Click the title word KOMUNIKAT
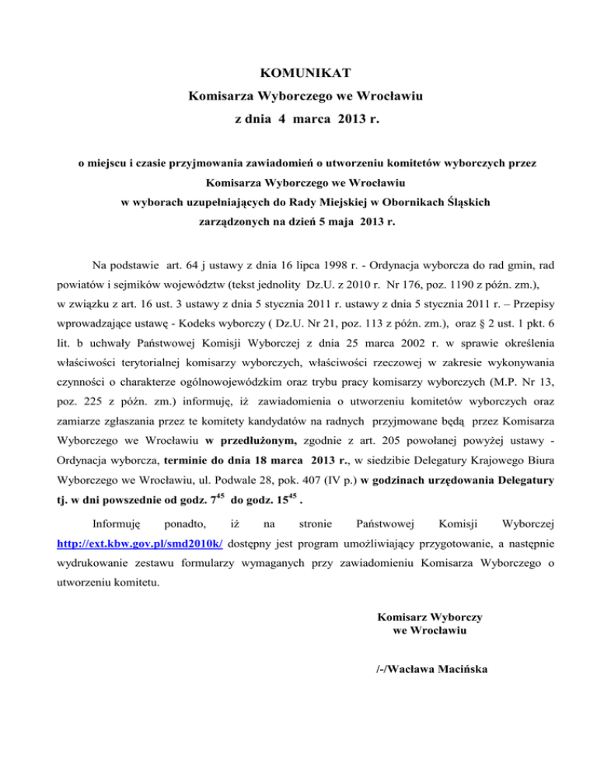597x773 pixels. pos(298,75)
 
